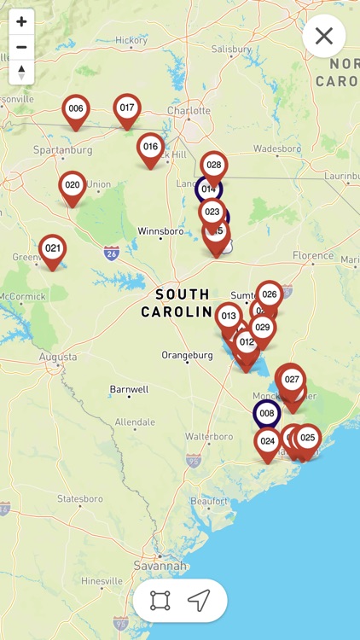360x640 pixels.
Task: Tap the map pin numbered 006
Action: [x=76, y=109]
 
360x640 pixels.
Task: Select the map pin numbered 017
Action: [x=127, y=108]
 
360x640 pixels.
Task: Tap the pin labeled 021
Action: [x=53, y=249]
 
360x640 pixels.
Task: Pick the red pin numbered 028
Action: [x=214, y=166]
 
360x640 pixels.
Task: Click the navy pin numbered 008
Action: [x=267, y=414]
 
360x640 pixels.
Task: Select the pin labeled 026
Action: [x=270, y=295]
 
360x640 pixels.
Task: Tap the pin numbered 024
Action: [x=268, y=442]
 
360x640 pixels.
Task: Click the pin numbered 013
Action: [x=229, y=317]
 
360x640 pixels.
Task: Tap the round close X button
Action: [x=324, y=36]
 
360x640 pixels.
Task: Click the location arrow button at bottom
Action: [x=199, y=601]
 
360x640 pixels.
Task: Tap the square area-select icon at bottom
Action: [x=160, y=601]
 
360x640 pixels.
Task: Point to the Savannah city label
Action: [x=160, y=566]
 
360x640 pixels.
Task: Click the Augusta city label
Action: [x=57, y=357]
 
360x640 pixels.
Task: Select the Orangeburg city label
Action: [x=188, y=354]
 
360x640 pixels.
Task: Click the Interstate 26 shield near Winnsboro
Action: [x=111, y=253]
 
